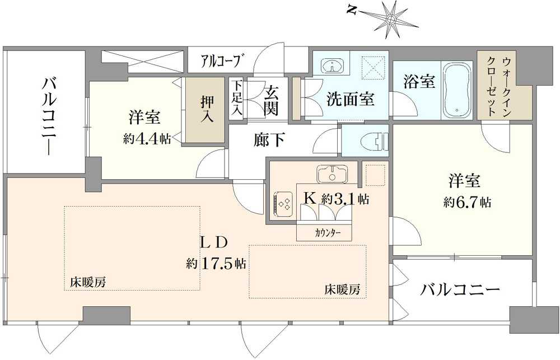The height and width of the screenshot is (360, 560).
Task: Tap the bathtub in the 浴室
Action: tap(457, 90)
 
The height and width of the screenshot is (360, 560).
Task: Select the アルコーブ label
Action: tap(220, 60)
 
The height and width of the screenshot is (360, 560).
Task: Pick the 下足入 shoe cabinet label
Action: tap(236, 97)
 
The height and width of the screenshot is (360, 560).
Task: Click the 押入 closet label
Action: tap(207, 109)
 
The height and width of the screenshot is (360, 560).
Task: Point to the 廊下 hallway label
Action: tap(269, 139)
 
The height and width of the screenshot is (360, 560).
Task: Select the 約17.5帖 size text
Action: tap(216, 263)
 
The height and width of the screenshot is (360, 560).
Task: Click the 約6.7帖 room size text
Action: tap(467, 202)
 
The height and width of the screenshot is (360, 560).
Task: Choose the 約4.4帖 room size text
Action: tap(147, 139)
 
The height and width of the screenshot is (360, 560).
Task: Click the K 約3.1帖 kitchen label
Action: tap(335, 198)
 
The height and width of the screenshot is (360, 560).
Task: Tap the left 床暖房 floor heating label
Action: tap(88, 283)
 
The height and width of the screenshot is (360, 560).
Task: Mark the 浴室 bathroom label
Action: tap(419, 81)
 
